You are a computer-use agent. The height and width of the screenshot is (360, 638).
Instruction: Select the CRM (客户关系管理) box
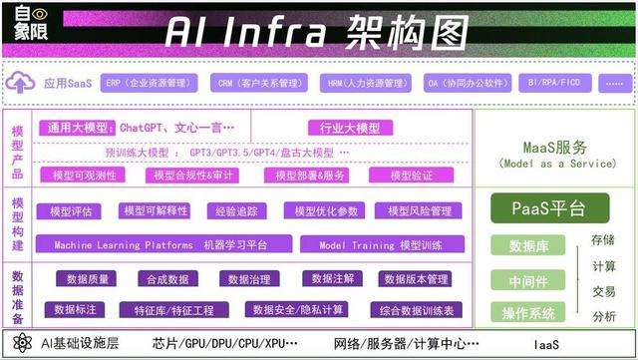tap(258, 83)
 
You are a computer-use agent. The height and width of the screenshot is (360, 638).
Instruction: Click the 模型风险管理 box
tap(413, 211)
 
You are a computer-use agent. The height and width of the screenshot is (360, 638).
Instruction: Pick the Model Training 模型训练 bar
tap(380, 244)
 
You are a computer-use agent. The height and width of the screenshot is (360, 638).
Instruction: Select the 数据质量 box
tap(88, 279)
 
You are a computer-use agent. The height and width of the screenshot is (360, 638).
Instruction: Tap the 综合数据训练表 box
tap(416, 310)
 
